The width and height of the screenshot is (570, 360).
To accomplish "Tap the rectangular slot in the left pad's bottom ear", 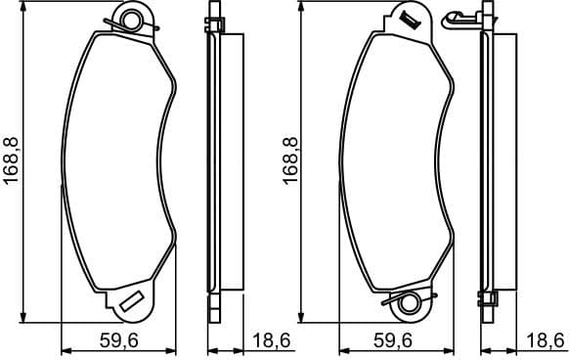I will [132, 301].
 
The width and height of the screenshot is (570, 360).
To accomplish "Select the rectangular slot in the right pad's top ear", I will [406, 17].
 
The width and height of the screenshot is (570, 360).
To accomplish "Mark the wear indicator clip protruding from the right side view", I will [458, 17].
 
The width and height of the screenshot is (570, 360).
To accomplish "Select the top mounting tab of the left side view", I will [213, 23].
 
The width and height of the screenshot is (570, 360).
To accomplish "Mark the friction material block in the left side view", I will [231, 161].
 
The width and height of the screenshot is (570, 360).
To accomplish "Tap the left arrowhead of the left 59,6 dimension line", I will [65, 349].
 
